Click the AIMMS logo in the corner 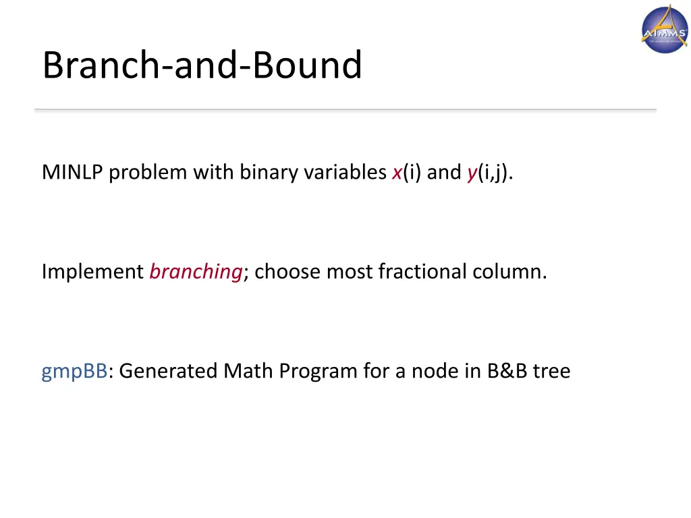tap(664, 28)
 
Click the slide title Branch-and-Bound tap(202, 65)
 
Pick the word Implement tap(92, 272)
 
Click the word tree tap(551, 371)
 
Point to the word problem tap(148, 173)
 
